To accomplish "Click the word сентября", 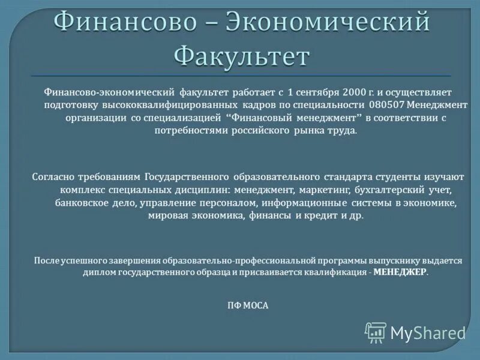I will pyautogui.click(x=319, y=93).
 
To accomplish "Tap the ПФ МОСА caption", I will pyautogui.click(x=248, y=305).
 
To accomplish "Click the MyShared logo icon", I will pyautogui.click(x=376, y=332).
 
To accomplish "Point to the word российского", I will pyautogui.click(x=262, y=131).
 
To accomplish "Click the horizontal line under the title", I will pyautogui.click(x=240, y=76).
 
